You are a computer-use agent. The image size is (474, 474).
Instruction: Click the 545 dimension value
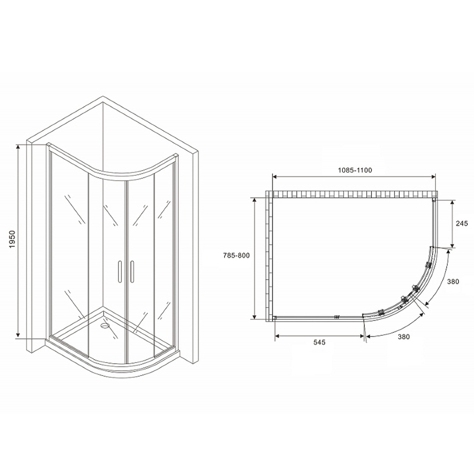(319, 343)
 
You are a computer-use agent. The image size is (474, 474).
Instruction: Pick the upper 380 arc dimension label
(453, 282)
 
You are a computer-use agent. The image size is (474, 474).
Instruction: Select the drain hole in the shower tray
(105, 326)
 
